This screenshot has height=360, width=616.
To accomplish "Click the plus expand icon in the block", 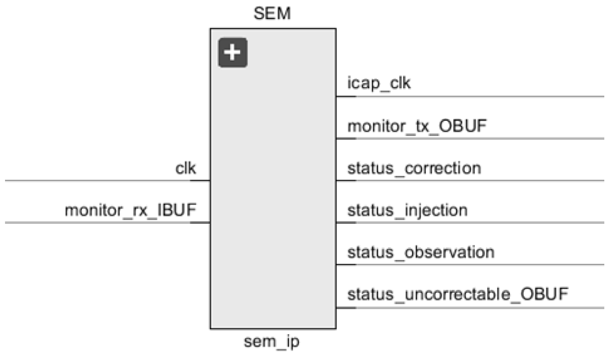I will pos(232,52).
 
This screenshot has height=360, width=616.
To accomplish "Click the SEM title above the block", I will pos(272,13).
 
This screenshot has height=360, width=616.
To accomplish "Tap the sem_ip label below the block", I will pos(271,341).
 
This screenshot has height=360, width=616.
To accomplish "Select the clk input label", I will pos(185,168).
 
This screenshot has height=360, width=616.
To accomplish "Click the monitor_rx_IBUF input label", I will pos(130,210).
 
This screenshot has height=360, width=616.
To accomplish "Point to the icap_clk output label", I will pos(379,83).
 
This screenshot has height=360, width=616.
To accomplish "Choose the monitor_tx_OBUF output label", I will pos(417,126).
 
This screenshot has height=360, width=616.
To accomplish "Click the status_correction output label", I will pos(414,168).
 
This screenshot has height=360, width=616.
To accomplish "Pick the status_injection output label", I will pos(407,210).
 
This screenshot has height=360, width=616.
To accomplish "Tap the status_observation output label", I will pos(421,252).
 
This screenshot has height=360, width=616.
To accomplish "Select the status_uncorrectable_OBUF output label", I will pos(458,294).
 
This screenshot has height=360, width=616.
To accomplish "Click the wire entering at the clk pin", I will pos(98,181).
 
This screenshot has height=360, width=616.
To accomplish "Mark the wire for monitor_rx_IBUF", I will pos(98,223).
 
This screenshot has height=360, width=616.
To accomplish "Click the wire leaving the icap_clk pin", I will pos(474,96).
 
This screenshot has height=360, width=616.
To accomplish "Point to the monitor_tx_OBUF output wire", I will pos(474,138).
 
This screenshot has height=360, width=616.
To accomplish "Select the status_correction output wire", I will pos(474,181).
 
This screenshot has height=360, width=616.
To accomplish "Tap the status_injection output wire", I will pos(474,223).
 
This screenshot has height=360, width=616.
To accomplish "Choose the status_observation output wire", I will pos(474,264).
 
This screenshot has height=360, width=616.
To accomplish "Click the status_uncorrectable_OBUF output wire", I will pos(474,308).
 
